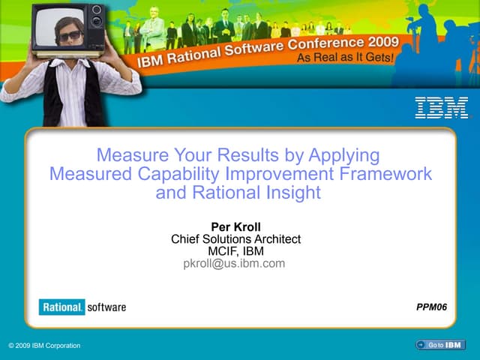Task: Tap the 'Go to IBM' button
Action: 439,344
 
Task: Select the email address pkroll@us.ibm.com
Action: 234,263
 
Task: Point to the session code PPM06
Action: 431,307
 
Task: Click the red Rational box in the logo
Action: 62,307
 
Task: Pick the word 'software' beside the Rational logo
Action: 106,307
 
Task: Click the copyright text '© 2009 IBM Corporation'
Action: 44,345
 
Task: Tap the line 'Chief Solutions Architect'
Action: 235,239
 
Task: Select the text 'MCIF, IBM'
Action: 235,251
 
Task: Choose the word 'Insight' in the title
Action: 292,193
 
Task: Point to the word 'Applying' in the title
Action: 345,156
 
